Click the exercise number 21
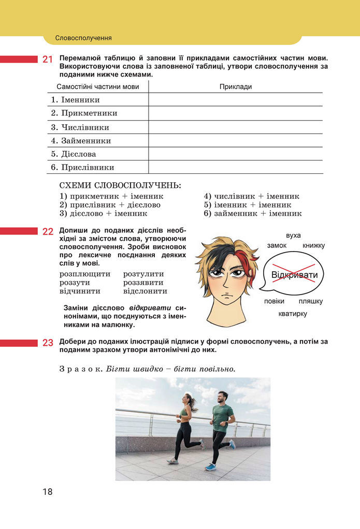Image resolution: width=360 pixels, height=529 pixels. click(x=48, y=60)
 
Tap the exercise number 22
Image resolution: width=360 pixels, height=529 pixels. click(x=48, y=231)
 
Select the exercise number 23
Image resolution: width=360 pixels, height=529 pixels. click(x=48, y=342)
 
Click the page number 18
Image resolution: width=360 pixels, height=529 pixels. click(x=48, y=492)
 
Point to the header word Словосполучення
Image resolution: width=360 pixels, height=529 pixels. click(x=83, y=38)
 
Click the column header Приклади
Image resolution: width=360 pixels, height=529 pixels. click(x=235, y=86)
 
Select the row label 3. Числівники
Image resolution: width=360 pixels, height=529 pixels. click(x=80, y=127)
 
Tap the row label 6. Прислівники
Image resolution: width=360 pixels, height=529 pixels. click(x=83, y=168)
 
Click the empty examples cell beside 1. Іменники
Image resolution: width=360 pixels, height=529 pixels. click(x=235, y=100)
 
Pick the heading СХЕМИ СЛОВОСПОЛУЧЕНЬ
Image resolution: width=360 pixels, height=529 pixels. click(x=121, y=185)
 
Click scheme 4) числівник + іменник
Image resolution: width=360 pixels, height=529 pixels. click(x=251, y=196)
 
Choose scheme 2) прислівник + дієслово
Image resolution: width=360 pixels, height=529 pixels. click(x=110, y=204)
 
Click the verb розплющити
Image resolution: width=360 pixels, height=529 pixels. click(x=85, y=274)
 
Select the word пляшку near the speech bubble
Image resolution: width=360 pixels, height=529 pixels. click(x=311, y=301)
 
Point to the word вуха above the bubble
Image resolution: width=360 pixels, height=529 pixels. click(x=293, y=236)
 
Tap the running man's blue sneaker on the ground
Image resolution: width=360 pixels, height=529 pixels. click(x=210, y=467)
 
